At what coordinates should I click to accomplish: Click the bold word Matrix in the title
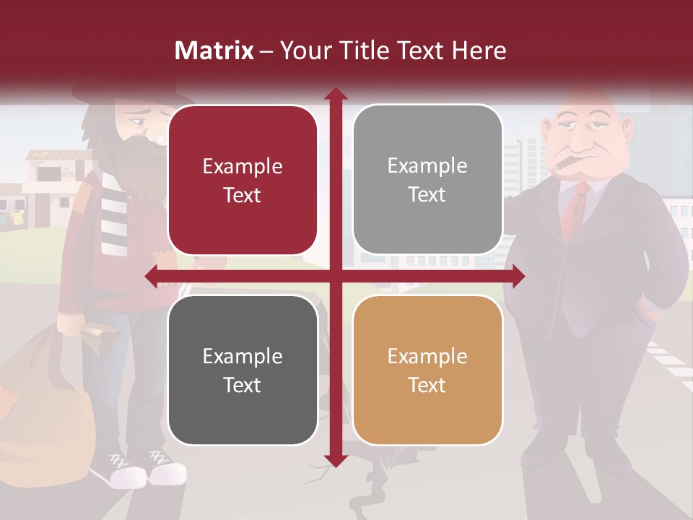tap(214, 51)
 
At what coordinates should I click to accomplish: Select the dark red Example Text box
tap(243, 181)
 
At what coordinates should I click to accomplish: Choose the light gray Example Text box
tap(427, 180)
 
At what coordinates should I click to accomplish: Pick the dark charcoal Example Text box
tap(243, 370)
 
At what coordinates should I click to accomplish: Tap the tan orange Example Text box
tap(427, 370)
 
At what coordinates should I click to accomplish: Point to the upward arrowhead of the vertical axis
tap(335, 95)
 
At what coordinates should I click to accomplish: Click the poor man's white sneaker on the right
tap(167, 473)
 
